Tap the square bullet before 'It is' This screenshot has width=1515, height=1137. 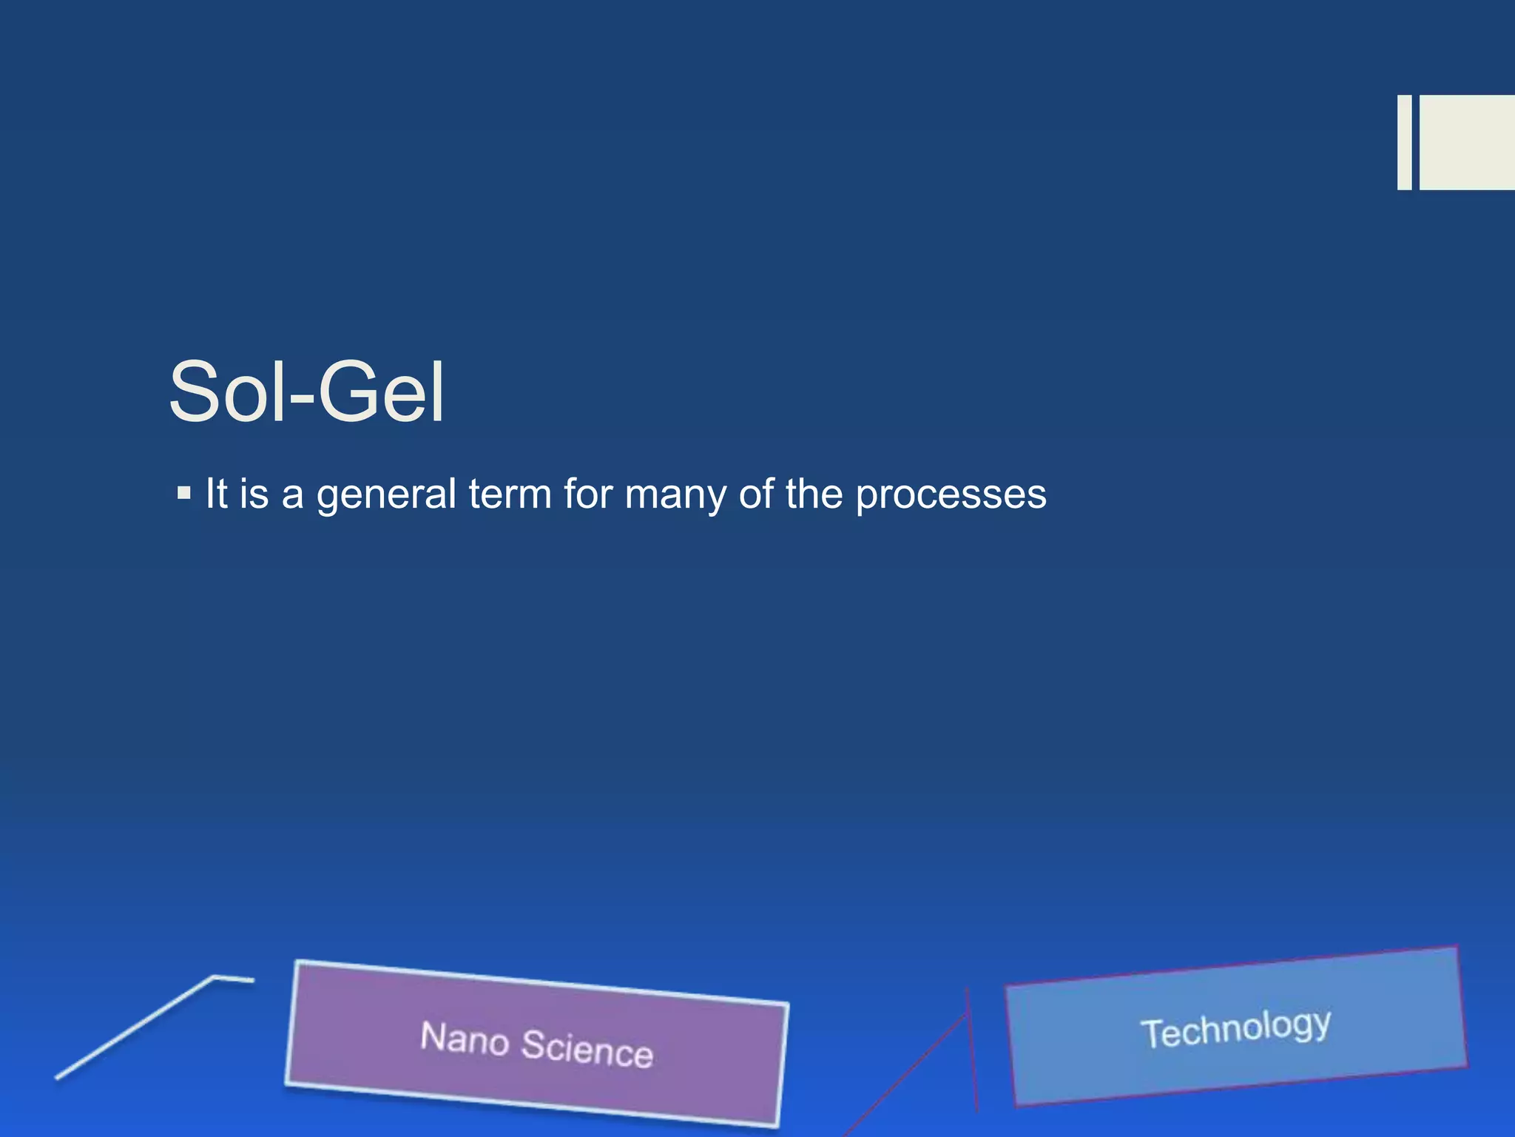pos(184,492)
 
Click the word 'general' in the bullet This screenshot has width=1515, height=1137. pos(386,494)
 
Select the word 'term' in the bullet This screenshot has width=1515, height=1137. pos(510,494)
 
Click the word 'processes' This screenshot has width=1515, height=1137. pos(951,494)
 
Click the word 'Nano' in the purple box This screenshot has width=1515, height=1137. pos(465,1038)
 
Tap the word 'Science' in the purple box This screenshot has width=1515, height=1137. pos(587,1047)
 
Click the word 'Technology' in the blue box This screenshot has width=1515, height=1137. pos(1235,1029)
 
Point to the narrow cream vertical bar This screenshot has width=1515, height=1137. pos(1404,142)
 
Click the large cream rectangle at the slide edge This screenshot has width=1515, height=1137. pos(1467,142)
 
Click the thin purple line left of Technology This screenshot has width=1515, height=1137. pos(971,1051)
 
